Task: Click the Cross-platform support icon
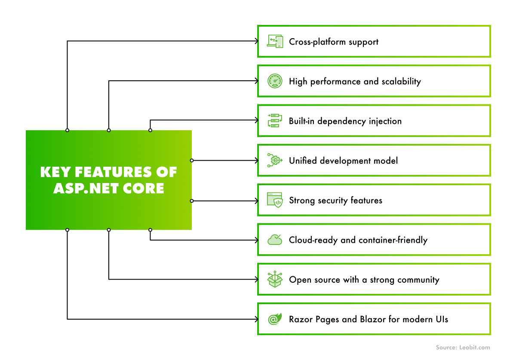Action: [275, 41]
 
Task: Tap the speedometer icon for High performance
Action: [275, 81]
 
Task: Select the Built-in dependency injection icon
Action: [275, 121]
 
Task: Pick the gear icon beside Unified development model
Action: [275, 160]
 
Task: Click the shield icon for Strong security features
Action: [275, 200]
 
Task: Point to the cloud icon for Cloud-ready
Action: [275, 240]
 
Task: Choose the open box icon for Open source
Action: [275, 280]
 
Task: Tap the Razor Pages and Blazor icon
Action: [275, 319]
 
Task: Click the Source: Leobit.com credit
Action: [463, 348]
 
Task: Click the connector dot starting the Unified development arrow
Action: [192, 161]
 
